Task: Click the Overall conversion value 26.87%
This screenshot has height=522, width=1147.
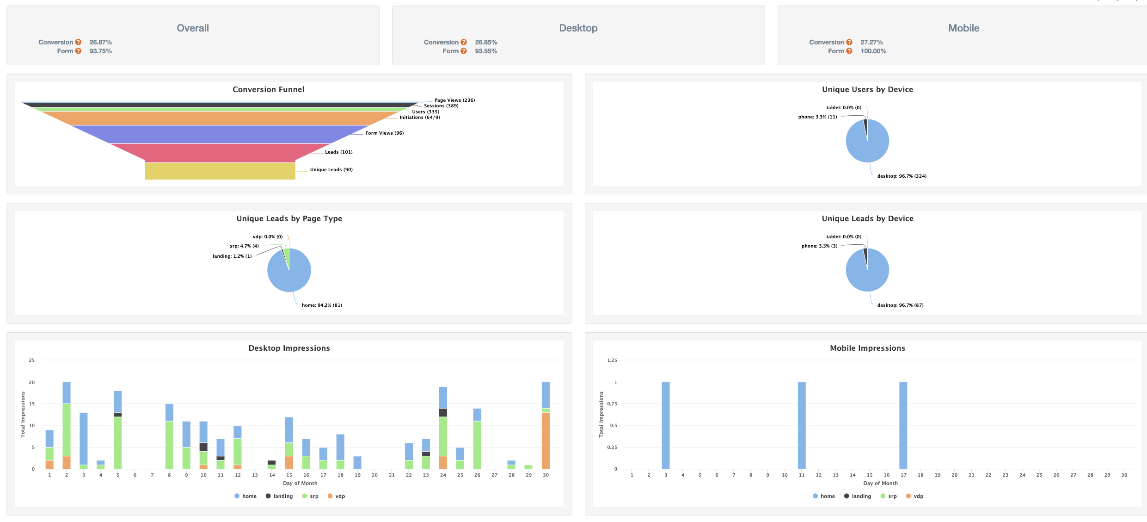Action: pos(100,42)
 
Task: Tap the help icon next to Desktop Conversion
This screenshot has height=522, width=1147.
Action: pos(464,42)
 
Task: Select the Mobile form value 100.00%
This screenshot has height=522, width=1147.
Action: pos(873,51)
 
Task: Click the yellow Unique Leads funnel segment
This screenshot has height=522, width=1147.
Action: pos(220,171)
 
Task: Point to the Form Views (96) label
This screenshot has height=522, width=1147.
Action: pos(384,133)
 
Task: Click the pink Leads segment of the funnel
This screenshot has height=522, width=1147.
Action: pos(220,152)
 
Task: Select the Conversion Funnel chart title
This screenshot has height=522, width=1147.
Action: pos(268,89)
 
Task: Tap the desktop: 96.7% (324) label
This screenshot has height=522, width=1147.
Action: pos(902,176)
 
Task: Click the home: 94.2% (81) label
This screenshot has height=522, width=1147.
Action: pos(322,305)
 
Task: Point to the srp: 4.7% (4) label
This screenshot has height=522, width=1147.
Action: pos(244,246)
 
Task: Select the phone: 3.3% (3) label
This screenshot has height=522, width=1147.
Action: pos(819,246)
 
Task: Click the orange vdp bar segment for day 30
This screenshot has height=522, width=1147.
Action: pos(546,440)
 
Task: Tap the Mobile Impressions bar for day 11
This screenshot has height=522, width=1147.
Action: pos(802,425)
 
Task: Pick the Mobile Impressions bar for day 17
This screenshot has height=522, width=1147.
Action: pos(903,425)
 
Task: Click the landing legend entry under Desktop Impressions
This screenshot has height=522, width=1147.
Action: pos(279,496)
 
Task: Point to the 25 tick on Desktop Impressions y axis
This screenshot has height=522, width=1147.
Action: pos(31,360)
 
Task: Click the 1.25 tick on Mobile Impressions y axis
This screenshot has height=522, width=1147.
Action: pos(612,360)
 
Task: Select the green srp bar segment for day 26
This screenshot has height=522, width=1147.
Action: pos(477,445)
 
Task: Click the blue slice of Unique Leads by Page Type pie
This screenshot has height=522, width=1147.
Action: pos(291,275)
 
